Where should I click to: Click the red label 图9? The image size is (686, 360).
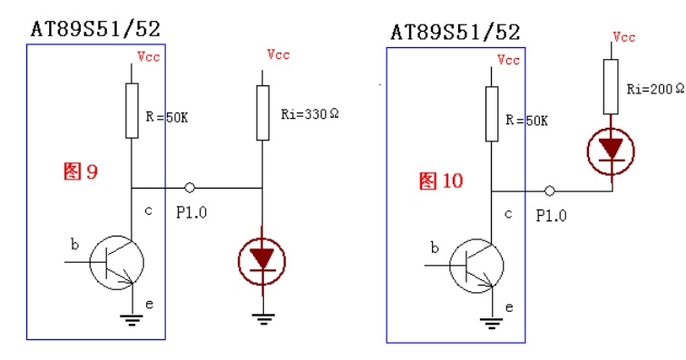[81, 171]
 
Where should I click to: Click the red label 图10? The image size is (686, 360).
[441, 180]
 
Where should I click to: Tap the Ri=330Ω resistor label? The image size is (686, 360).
[309, 114]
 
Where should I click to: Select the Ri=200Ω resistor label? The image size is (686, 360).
[655, 89]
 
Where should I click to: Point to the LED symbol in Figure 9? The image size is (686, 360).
[262, 261]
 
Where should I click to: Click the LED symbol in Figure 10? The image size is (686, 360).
[611, 151]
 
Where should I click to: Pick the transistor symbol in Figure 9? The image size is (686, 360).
[117, 262]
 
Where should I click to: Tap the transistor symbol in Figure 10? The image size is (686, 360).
[477, 266]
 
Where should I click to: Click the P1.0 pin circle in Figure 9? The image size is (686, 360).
[190, 188]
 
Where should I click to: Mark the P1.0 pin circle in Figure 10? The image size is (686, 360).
[550, 190]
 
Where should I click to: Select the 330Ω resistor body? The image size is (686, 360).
[262, 112]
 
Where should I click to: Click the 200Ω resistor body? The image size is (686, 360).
[611, 87]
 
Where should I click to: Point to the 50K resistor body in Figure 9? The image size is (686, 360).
[132, 111]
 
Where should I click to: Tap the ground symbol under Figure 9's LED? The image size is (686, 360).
[263, 319]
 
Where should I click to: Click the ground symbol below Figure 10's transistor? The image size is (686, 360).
[491, 323]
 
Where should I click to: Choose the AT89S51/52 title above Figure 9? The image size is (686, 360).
[96, 29]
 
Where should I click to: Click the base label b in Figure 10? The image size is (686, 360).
[435, 248]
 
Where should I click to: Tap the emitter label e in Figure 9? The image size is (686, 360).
[149, 305]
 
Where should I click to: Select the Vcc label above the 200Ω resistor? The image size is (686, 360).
[623, 37]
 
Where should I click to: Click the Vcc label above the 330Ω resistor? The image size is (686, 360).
[279, 54]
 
